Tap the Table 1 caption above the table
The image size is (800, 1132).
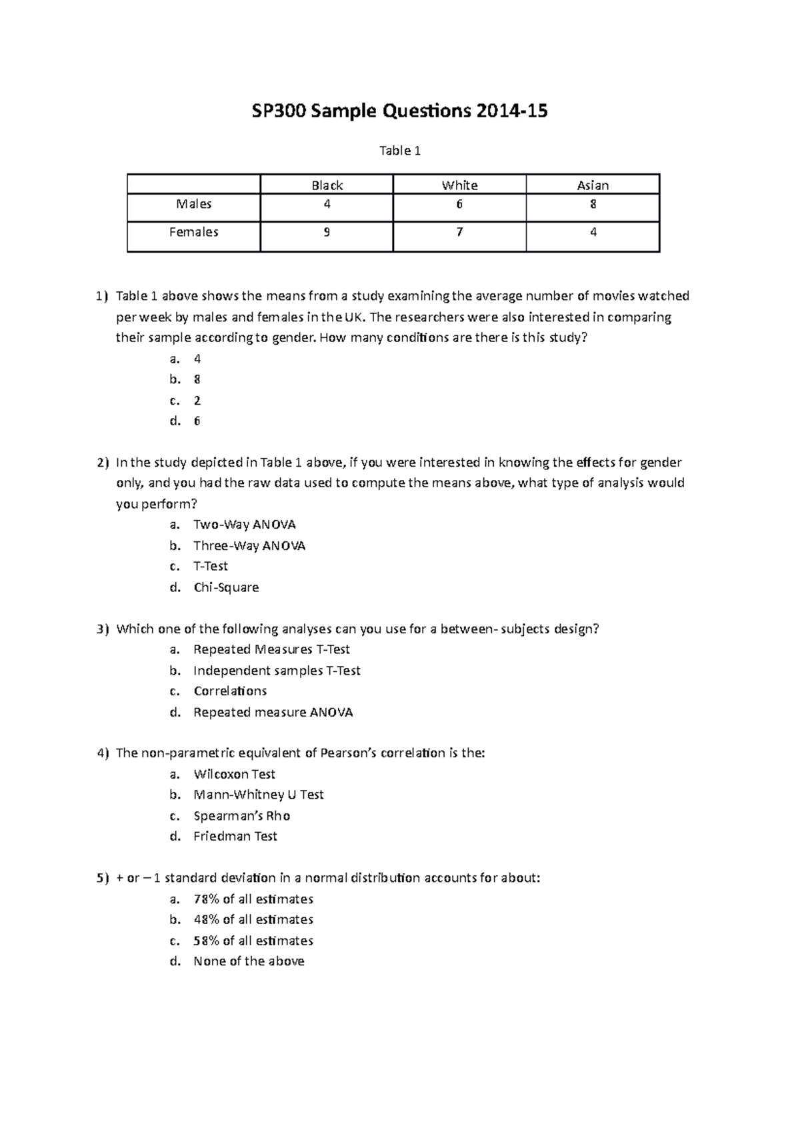tap(400, 151)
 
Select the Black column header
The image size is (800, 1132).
tap(327, 185)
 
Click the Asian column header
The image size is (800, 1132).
tap(593, 185)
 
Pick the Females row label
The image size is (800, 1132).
tap(193, 232)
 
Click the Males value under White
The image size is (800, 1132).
tap(459, 205)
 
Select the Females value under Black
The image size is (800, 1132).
tap(327, 233)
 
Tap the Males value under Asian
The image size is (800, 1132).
tap(593, 205)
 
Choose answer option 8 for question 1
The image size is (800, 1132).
tap(197, 379)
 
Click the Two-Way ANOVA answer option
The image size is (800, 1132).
tap(244, 525)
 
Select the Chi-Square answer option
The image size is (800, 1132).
tap(226, 587)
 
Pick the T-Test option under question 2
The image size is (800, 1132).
tap(211, 566)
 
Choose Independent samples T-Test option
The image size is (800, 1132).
tap(277, 671)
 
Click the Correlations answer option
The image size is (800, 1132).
tap(230, 691)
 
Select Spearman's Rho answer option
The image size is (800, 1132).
tap(241, 816)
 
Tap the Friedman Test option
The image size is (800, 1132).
tap(235, 836)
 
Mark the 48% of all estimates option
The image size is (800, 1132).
tap(253, 919)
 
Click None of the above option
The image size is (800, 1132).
tap(249, 961)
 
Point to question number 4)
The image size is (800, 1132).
tap(102, 753)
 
